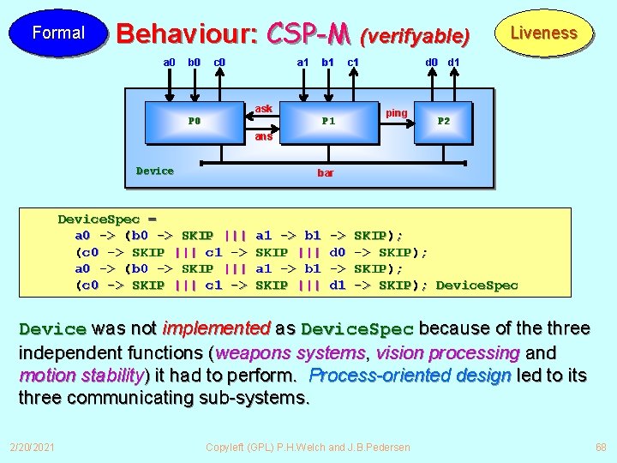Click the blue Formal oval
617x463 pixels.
tap(58, 33)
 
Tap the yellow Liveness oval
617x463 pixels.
tap(543, 33)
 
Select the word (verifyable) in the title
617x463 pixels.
tap(415, 36)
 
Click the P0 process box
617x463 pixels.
tap(195, 121)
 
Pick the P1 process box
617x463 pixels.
tap(327, 121)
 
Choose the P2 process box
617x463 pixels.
tap(444, 121)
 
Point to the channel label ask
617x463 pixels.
tap(264, 109)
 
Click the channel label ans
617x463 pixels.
tap(263, 136)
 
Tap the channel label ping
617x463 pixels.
tap(397, 113)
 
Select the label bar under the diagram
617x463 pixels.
tap(326, 173)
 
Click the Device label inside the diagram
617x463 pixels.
tap(155, 171)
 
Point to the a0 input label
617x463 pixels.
tap(170, 62)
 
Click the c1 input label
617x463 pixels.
tap(352, 62)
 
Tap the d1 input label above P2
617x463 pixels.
tap(454, 62)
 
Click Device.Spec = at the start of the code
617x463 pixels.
tap(107, 219)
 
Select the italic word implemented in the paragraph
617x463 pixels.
tap(216, 328)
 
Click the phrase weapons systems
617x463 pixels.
tap(291, 352)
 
